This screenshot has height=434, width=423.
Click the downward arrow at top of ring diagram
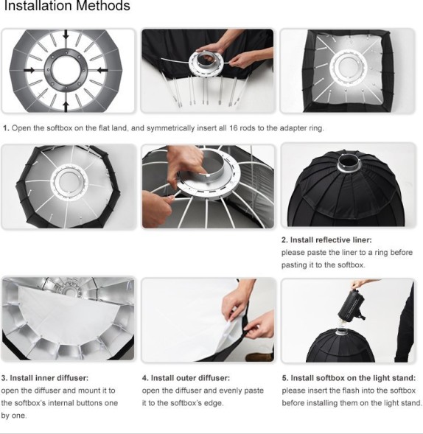(x=66, y=35)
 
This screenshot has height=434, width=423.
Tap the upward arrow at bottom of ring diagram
(x=66, y=107)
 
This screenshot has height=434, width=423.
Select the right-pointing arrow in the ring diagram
(x=29, y=70)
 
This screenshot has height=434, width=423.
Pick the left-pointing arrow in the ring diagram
(x=102, y=69)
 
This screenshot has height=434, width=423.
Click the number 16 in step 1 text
(x=233, y=128)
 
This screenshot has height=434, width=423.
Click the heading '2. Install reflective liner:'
(x=326, y=240)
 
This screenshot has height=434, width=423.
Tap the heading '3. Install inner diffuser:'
(x=44, y=378)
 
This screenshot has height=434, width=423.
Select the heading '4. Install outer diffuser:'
(x=186, y=378)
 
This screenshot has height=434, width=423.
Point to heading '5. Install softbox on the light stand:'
(x=349, y=378)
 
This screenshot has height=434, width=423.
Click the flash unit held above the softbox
(x=352, y=307)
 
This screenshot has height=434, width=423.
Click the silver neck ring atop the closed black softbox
(x=349, y=165)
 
